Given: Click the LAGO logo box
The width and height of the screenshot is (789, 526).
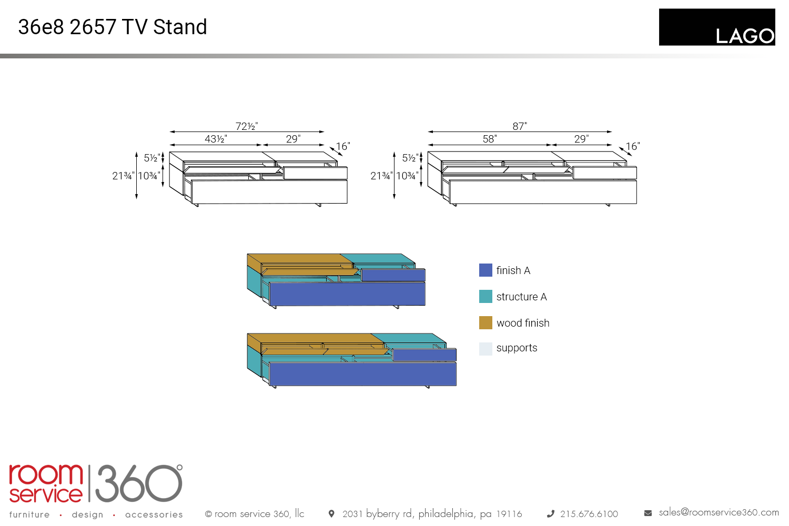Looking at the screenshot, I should pos(716,27).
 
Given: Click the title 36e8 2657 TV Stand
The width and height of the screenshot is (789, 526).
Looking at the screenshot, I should pos(113,27).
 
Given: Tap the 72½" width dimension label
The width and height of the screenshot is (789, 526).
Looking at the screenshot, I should pos(247,126).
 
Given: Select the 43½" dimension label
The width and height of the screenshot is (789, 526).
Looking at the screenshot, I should pos(216,139).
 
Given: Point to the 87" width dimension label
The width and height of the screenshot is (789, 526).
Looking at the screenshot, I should pos(520,126).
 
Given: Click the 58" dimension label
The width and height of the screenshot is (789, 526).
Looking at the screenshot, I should pos(490,139).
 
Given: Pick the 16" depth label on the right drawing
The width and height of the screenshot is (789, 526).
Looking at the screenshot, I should pos(633,146).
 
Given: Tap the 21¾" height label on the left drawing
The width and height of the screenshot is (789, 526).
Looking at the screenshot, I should pos(123,176).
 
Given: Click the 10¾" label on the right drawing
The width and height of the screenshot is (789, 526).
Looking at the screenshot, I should pos(407,176).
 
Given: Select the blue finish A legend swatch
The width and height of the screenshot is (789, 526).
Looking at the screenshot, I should pos(485,270).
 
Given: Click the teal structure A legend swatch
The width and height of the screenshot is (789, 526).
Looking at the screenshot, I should pos(485,297).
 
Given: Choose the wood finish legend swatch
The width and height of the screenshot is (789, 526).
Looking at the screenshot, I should pos(485,323).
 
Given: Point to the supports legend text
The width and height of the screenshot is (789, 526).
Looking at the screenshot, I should pos(517,348).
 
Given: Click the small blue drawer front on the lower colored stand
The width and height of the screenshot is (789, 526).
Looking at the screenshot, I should pos(424,355).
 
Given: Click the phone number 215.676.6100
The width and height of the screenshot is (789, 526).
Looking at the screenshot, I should pos(589,514).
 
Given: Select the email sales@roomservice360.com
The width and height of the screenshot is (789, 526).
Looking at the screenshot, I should pos(719,512).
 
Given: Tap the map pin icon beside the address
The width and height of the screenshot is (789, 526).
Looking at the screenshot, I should pos(331,513).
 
